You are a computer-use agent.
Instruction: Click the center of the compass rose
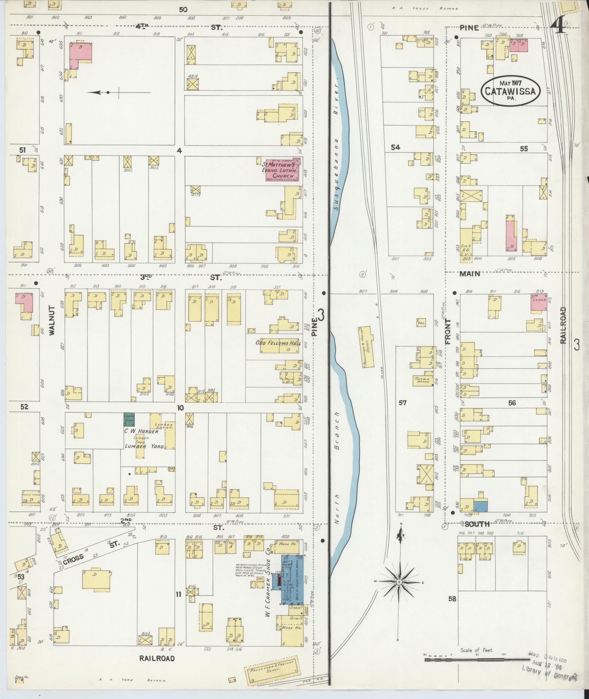pos(399,581)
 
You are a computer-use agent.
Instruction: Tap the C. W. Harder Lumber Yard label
pos(141,438)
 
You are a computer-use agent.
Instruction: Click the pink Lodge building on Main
pos(539,302)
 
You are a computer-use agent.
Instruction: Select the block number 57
pos(402,403)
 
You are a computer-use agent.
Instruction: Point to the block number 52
pos(24,407)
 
